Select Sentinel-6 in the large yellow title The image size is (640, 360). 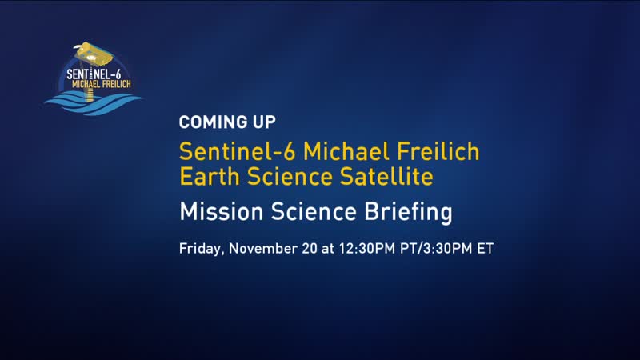[x=238, y=151]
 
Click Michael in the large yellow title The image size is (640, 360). [x=346, y=151]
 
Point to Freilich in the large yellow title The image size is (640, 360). [x=438, y=151]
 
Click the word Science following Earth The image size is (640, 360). [x=290, y=177]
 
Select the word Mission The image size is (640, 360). [x=221, y=211]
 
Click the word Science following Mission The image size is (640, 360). [x=314, y=211]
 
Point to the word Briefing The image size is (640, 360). [x=408, y=212]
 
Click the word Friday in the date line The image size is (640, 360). [x=202, y=249]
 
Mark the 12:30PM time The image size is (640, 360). [x=367, y=249]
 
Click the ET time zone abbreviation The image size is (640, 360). [x=486, y=249]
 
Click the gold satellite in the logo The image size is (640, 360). [x=94, y=54]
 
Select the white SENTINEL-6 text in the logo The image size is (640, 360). [x=94, y=74]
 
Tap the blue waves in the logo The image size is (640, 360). [x=94, y=103]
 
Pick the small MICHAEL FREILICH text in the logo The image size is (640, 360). [x=102, y=84]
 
